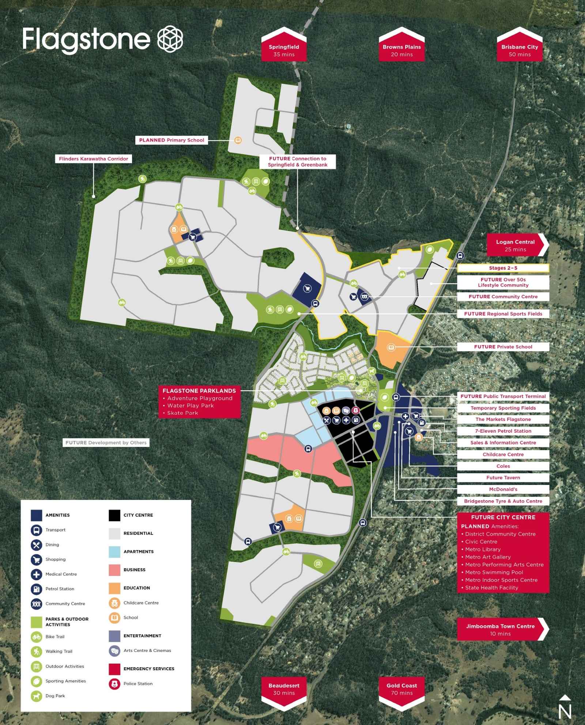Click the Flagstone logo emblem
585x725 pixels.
[170, 39]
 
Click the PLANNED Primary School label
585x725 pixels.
[171, 140]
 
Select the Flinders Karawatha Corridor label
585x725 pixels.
[94, 159]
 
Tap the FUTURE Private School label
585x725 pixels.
[503, 346]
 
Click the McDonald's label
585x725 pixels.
[503, 489]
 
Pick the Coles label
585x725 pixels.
[503, 466]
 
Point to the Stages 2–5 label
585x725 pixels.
[503, 268]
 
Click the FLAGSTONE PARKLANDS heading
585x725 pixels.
[199, 391]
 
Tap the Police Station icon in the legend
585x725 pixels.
[114, 683]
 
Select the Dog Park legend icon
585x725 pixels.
[37, 696]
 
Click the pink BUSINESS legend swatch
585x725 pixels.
[114, 570]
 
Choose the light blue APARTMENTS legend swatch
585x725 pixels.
[114, 551]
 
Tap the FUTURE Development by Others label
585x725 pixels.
[106, 443]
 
